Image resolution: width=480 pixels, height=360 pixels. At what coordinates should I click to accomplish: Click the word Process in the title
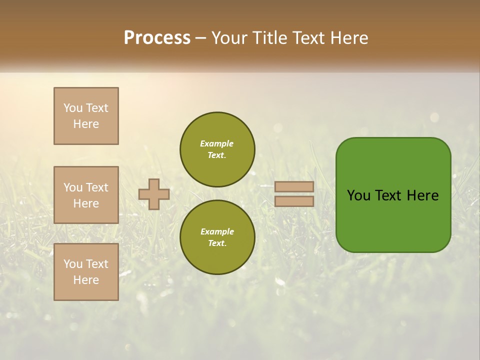[x=157, y=38]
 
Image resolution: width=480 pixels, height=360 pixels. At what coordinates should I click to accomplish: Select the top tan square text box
[x=86, y=116]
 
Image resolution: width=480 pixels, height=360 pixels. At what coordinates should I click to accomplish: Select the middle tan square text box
[x=86, y=195]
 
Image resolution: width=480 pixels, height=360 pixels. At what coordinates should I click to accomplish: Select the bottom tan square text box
[x=86, y=272]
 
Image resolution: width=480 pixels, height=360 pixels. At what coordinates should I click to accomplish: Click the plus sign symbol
[x=154, y=194]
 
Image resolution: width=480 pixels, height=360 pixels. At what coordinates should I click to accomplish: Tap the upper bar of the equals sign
[x=294, y=186]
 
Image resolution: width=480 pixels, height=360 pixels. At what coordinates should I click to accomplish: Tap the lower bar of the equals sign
[x=294, y=201]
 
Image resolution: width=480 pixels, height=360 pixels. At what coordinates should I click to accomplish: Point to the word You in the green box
[x=358, y=195]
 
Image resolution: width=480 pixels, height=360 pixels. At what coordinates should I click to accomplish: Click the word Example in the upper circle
[x=217, y=143]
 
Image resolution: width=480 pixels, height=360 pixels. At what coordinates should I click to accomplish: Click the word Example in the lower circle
[x=217, y=231]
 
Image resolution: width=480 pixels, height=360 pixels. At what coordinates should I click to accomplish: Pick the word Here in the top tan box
[x=86, y=124]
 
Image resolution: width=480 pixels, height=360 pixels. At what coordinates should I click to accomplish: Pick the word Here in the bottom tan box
[x=86, y=280]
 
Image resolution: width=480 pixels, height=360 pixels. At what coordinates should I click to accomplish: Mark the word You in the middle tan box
[x=73, y=187]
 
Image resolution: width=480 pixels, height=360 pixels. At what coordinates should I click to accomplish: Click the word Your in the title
[x=231, y=38]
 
